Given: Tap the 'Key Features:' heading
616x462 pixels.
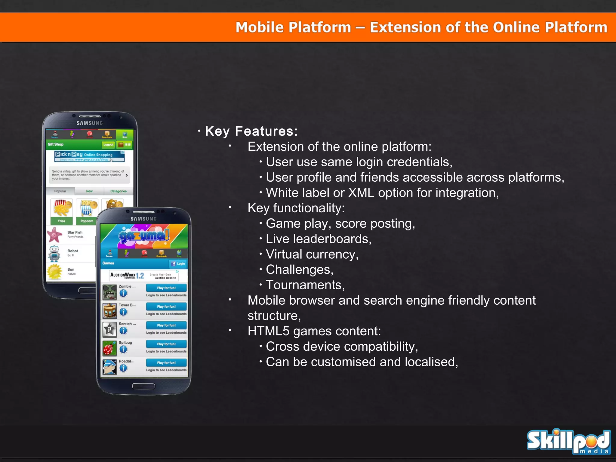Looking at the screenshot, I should [251, 131].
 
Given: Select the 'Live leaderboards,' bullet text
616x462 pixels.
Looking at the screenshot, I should [319, 239].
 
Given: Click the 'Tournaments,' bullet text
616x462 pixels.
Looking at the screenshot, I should [305, 285].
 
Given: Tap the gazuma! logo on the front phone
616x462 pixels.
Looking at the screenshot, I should [144, 236].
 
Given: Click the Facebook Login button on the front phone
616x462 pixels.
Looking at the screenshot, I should [178, 264].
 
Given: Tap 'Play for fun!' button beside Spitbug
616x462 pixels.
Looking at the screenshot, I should [166, 344].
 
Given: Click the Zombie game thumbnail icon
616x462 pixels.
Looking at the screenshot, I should [109, 292].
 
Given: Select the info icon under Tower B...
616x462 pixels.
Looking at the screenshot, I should [123, 312].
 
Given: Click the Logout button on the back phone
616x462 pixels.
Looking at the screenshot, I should [108, 145].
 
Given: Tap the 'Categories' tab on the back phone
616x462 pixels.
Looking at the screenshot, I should [118, 191].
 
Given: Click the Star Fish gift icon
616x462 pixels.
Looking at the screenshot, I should [55, 235].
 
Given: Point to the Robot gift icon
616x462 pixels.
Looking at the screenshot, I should [54, 253].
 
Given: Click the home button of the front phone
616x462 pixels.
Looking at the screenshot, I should [143, 386].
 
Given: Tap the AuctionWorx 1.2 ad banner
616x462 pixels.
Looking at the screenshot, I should [144, 275].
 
